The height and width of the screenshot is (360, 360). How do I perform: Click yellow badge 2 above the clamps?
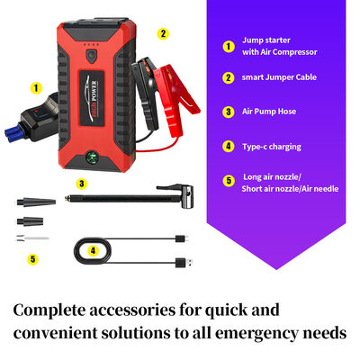click(x=163, y=33)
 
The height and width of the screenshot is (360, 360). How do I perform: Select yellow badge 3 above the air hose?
click(x=81, y=184)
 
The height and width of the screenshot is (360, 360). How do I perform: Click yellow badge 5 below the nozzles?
click(x=33, y=259)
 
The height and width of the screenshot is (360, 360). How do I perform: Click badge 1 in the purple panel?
click(x=229, y=45)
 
